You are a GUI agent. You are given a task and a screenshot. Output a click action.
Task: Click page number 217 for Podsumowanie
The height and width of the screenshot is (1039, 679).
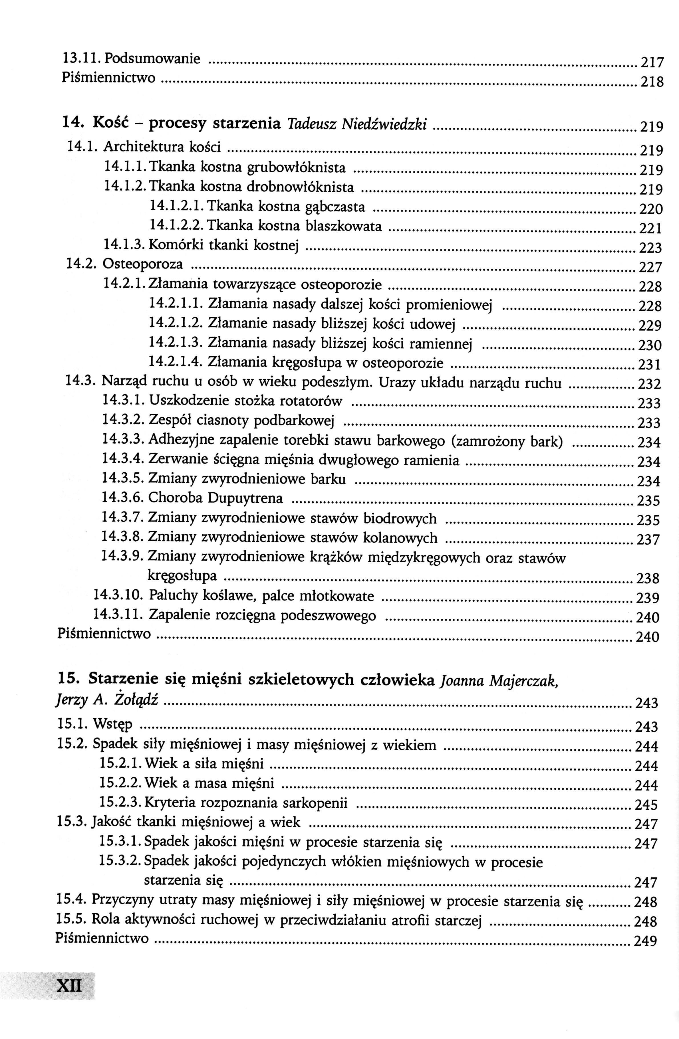(651, 63)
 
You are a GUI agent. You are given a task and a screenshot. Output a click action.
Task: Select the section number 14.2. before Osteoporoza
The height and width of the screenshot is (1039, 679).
(82, 264)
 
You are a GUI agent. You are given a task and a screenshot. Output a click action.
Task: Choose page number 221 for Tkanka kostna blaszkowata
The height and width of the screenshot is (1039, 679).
(650, 228)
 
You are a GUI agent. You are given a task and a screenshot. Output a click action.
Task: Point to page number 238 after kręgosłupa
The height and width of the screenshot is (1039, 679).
(648, 579)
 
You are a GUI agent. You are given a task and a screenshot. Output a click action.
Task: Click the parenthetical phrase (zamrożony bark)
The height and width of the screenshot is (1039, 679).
(507, 441)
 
